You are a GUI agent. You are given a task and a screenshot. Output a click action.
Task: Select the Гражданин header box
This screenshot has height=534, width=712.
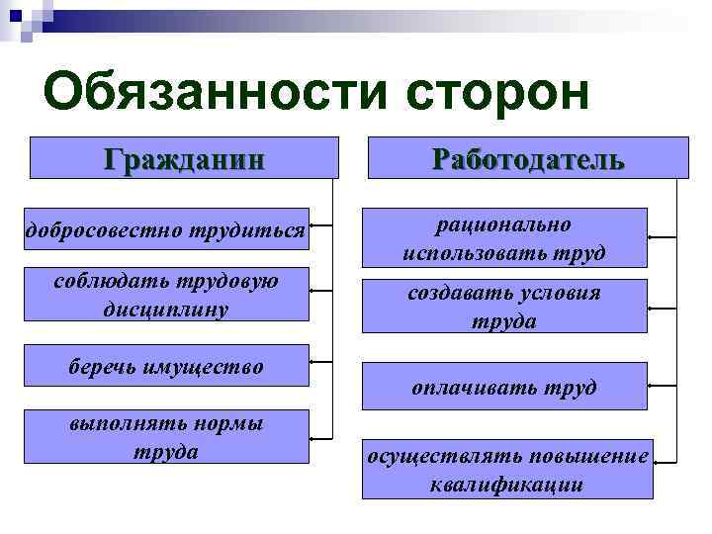(x=184, y=157)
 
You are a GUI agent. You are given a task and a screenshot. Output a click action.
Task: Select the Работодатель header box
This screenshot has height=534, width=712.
(x=528, y=157)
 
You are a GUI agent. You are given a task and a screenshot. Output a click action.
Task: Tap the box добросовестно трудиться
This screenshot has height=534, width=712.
(x=165, y=230)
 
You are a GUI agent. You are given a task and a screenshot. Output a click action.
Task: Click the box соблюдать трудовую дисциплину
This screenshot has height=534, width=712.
(x=165, y=294)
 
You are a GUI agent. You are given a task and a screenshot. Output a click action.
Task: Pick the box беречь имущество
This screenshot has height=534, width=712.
(x=165, y=366)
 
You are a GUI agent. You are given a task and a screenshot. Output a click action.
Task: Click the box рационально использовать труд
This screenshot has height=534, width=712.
(x=503, y=238)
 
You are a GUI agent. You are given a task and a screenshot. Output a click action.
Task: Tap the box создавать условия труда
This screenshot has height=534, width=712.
(x=503, y=307)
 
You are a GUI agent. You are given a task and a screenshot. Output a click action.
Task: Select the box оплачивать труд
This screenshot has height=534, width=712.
(x=503, y=387)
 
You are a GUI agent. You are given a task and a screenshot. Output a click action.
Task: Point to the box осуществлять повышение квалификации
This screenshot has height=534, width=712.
(x=508, y=469)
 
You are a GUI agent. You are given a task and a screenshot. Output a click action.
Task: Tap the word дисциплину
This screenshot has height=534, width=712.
(x=165, y=309)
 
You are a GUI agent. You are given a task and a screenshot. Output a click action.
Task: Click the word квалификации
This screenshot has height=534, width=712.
(x=506, y=485)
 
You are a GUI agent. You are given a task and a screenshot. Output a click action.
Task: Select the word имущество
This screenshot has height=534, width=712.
(x=208, y=367)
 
